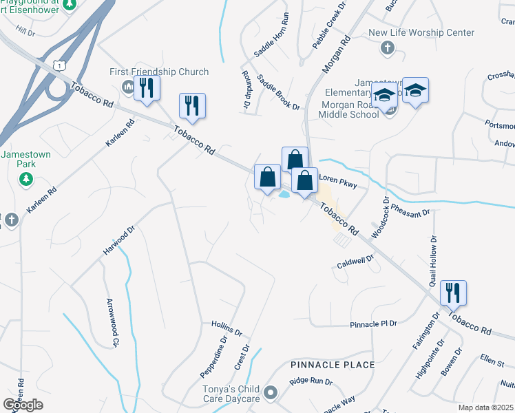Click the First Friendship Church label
(159, 72)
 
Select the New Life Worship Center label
(421, 32)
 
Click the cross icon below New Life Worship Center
(388, 47)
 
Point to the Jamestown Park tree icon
(25, 179)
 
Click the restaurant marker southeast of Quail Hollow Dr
(453, 293)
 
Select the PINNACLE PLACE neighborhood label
(333, 364)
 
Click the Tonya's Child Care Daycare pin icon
(271, 394)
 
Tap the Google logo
(23, 405)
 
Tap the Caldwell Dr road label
(355, 262)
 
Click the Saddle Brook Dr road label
(278, 92)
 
